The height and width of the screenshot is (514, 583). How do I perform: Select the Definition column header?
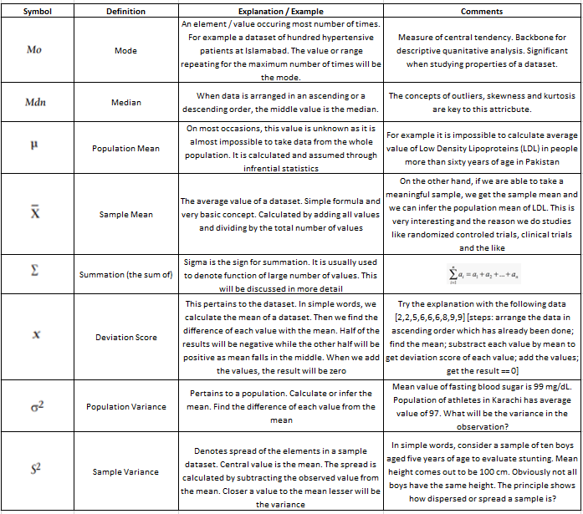125,12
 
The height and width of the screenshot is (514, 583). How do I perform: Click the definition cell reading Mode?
125,51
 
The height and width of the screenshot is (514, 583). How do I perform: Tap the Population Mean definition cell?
125,148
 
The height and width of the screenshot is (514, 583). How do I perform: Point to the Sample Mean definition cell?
125,215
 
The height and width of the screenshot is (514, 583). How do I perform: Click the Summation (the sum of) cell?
125,274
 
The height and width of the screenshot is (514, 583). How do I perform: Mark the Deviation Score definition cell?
125,338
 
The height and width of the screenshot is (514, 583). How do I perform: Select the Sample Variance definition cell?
125,472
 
